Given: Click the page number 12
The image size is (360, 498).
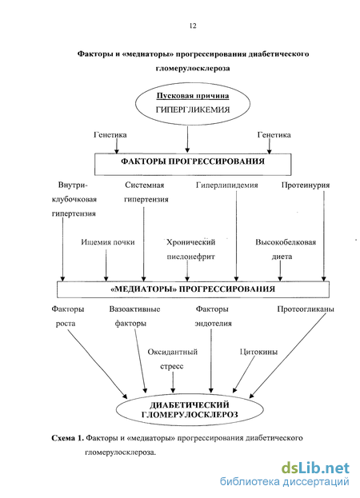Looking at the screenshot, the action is pyautogui.click(x=193, y=26).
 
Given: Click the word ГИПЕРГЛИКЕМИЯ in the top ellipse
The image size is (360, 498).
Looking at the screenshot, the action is pyautogui.click(x=193, y=110).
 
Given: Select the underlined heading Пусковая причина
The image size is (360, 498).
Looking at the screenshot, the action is pyautogui.click(x=193, y=96).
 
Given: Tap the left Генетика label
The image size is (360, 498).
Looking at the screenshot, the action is pyautogui.click(x=110, y=135).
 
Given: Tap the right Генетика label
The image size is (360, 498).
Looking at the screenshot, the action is pyautogui.click(x=274, y=135).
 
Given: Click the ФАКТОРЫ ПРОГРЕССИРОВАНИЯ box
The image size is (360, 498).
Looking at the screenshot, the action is pyautogui.click(x=193, y=164).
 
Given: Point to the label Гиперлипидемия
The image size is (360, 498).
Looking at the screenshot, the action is pyautogui.click(x=227, y=185).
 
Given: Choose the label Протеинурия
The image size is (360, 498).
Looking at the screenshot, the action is pyautogui.click(x=306, y=185).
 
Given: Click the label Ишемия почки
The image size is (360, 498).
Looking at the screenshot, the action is pyautogui.click(x=108, y=242).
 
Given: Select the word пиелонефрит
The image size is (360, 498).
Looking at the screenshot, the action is pyautogui.click(x=190, y=257).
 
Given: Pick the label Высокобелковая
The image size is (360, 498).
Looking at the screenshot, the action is pyautogui.click(x=286, y=242).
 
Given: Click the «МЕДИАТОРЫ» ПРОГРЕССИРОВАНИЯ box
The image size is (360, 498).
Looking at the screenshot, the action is pyautogui.click(x=193, y=289).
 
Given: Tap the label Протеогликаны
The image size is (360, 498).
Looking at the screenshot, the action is pyautogui.click(x=306, y=309).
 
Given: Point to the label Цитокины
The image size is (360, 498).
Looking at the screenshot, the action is pyautogui.click(x=258, y=352).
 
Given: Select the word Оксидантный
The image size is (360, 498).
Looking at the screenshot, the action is pyautogui.click(x=173, y=352).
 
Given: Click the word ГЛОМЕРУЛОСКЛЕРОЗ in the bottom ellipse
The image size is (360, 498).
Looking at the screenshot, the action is pyautogui.click(x=190, y=415).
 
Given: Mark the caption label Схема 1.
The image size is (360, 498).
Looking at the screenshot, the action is pyautogui.click(x=68, y=438).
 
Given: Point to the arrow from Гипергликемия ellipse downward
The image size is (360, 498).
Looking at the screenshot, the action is pyautogui.click(x=187, y=139).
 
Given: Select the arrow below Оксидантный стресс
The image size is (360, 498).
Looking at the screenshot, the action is pyautogui.click(x=173, y=382).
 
